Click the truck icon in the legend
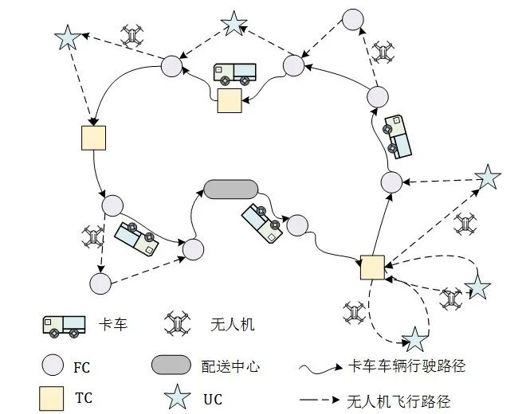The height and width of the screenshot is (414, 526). (x=64, y=325)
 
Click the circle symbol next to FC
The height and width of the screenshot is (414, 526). (x=53, y=365)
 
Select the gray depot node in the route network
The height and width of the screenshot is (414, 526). (x=230, y=189)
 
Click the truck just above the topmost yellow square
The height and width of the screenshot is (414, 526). (x=234, y=74)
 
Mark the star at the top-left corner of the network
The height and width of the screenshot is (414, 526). (x=68, y=37)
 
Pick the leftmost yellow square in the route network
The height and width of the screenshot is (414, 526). (x=94, y=137)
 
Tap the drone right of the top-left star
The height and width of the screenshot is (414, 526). (x=132, y=36)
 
